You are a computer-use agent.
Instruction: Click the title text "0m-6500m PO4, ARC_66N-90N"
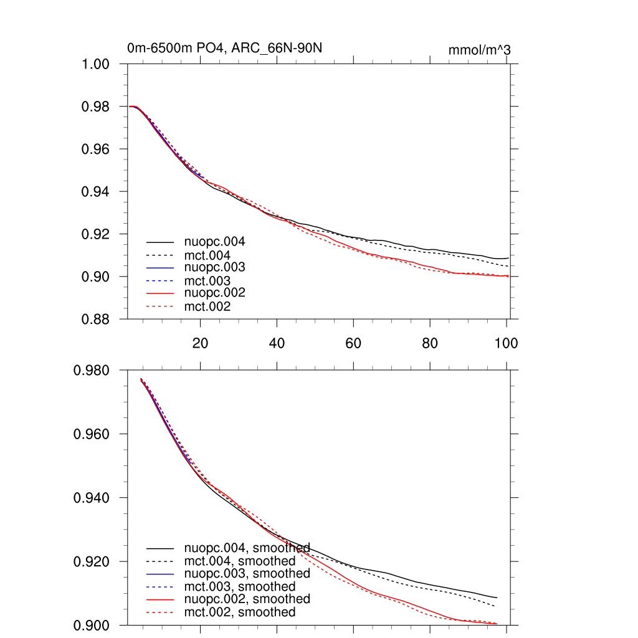click(225, 49)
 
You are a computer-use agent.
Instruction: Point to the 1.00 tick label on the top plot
click(97, 64)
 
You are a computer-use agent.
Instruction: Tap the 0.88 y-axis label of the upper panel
click(97, 319)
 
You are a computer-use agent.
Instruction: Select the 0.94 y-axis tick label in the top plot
click(97, 192)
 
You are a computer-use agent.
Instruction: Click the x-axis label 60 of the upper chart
click(353, 343)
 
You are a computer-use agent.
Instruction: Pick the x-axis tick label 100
click(506, 343)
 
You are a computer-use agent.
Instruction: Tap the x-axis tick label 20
click(200, 343)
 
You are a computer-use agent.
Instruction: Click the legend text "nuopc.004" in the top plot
click(211, 242)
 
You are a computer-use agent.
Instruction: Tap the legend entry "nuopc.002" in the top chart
click(211, 293)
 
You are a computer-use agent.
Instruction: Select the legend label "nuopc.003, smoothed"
click(247, 573)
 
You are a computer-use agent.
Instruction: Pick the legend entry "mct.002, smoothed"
click(240, 612)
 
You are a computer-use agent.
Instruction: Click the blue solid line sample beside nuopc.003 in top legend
click(160, 268)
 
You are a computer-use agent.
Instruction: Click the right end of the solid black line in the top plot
click(508, 258)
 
